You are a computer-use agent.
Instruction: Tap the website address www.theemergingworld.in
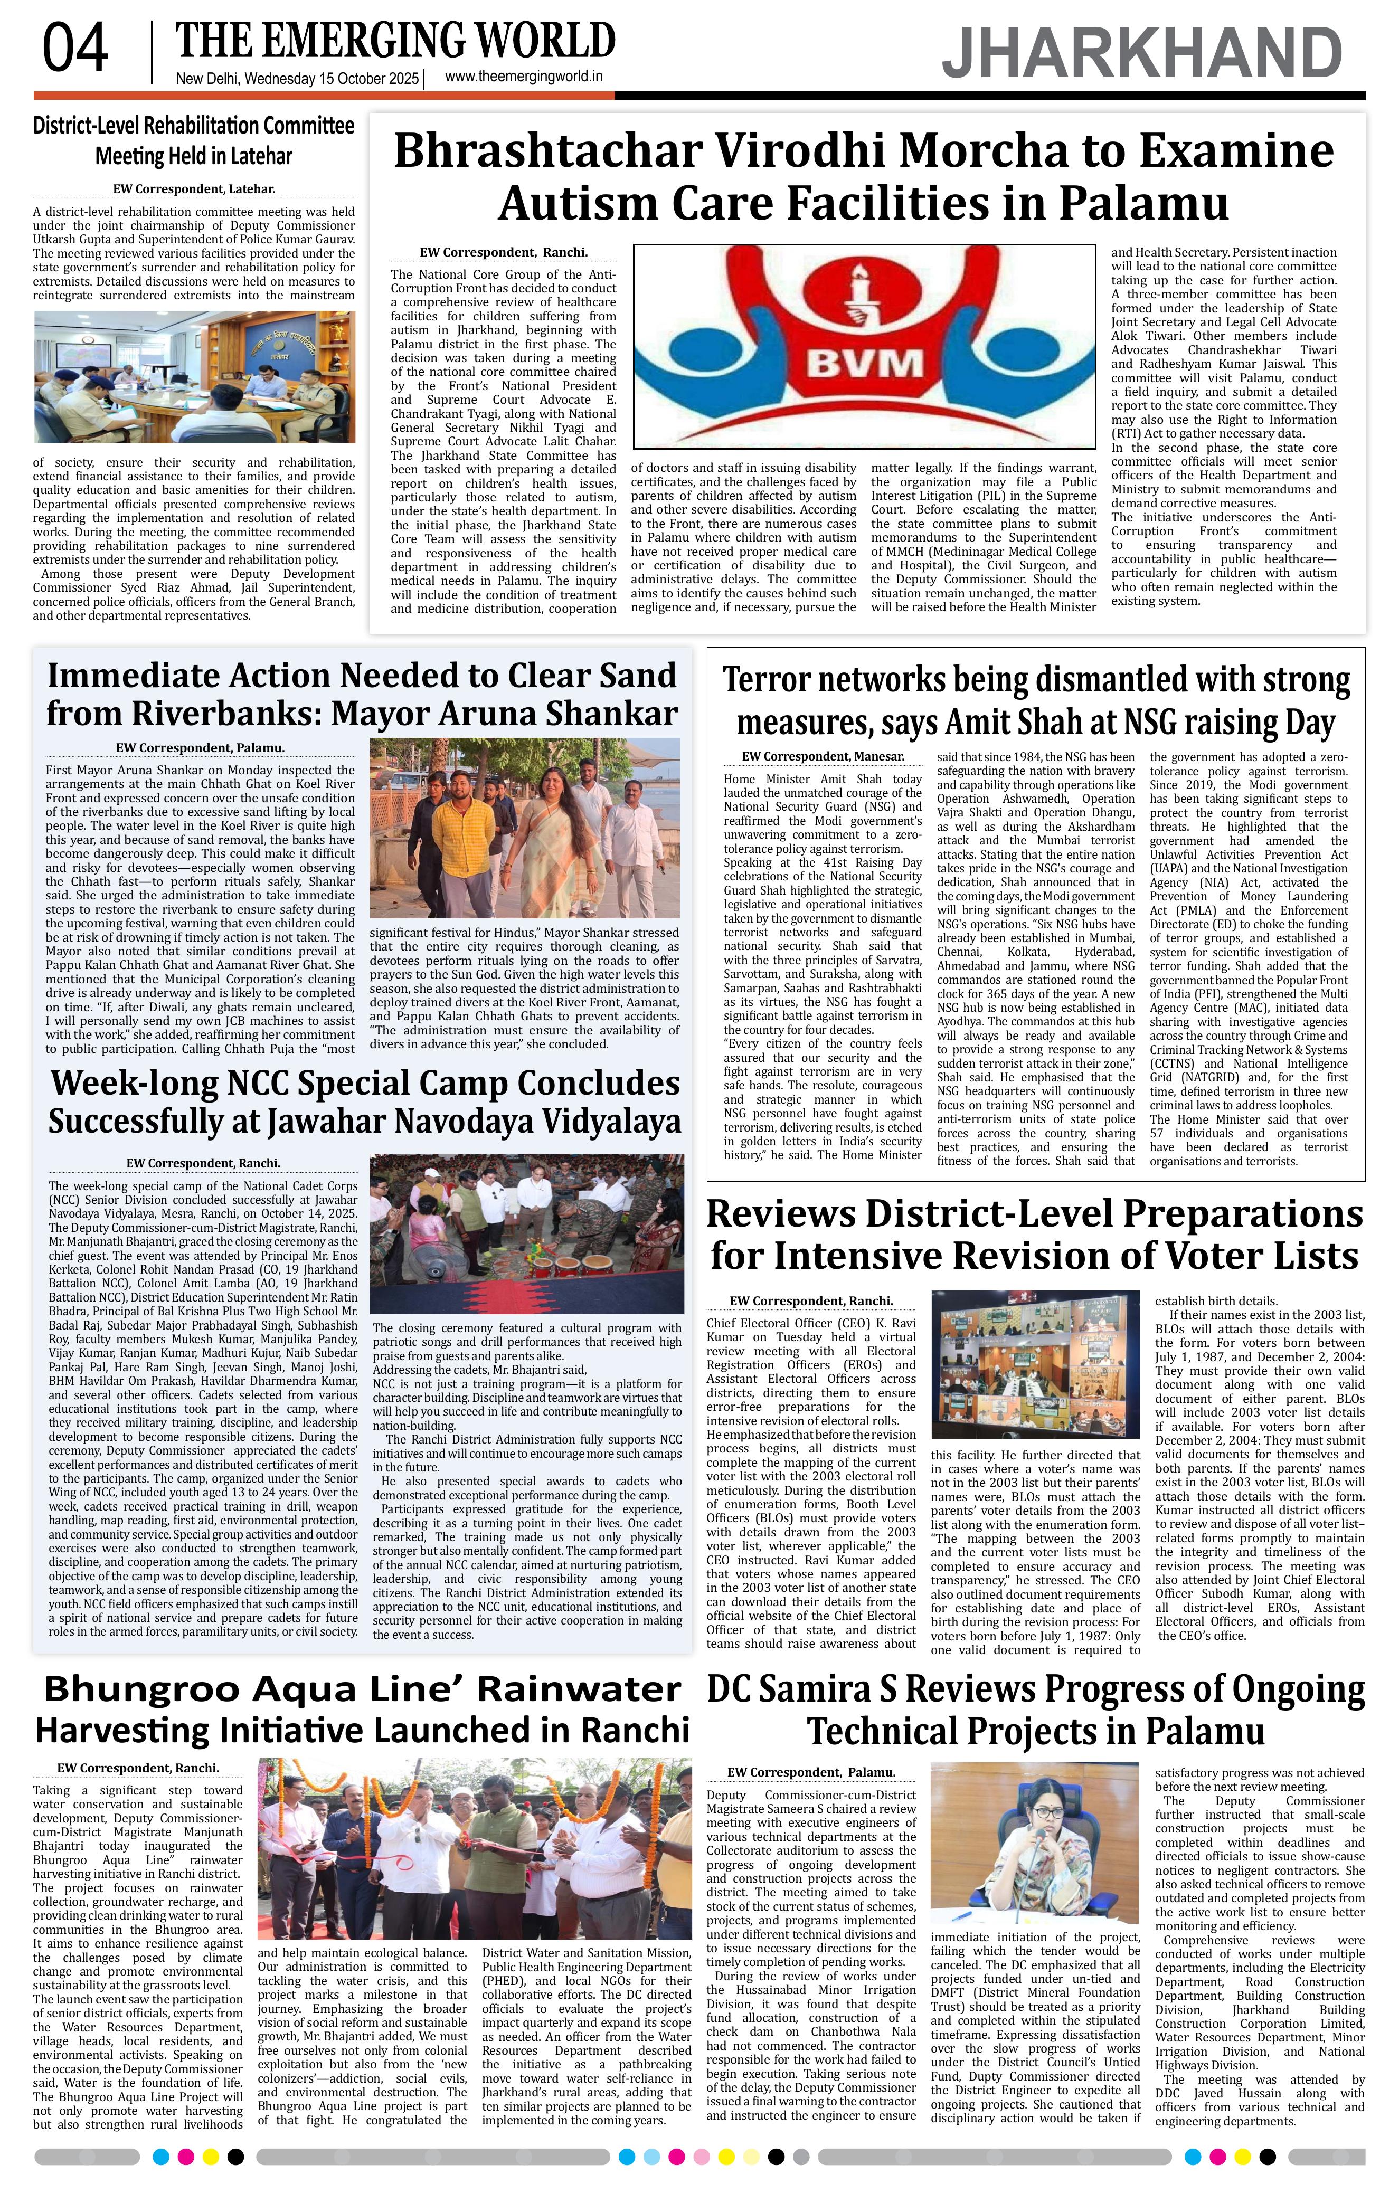pyautogui.click(x=523, y=78)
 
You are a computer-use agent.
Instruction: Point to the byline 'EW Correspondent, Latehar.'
pyautogui.click(x=194, y=189)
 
